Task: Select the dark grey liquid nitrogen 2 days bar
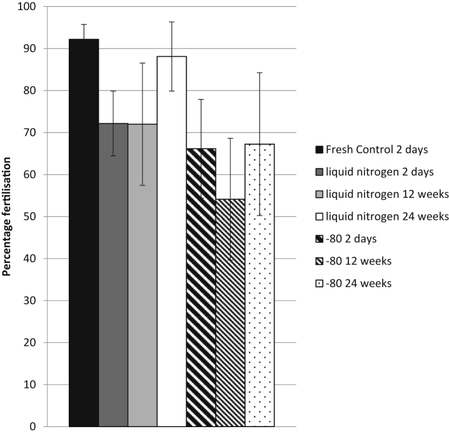[x=113, y=275]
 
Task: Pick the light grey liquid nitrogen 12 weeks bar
[x=142, y=275]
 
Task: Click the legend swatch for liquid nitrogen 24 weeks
[x=318, y=217]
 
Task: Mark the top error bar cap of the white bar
[x=171, y=22]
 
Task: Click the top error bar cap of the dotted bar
[x=260, y=73]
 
